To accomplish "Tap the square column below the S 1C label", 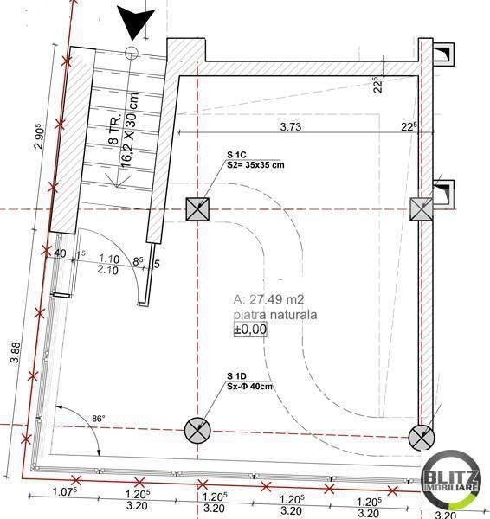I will coord(198,208).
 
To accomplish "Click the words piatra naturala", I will coord(274,315).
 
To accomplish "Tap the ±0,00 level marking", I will coord(251,329).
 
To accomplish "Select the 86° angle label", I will coord(100,419).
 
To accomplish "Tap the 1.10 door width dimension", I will coord(108,258).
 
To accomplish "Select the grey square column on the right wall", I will coord(422,208).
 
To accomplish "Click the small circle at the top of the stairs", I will coord(132,53).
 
